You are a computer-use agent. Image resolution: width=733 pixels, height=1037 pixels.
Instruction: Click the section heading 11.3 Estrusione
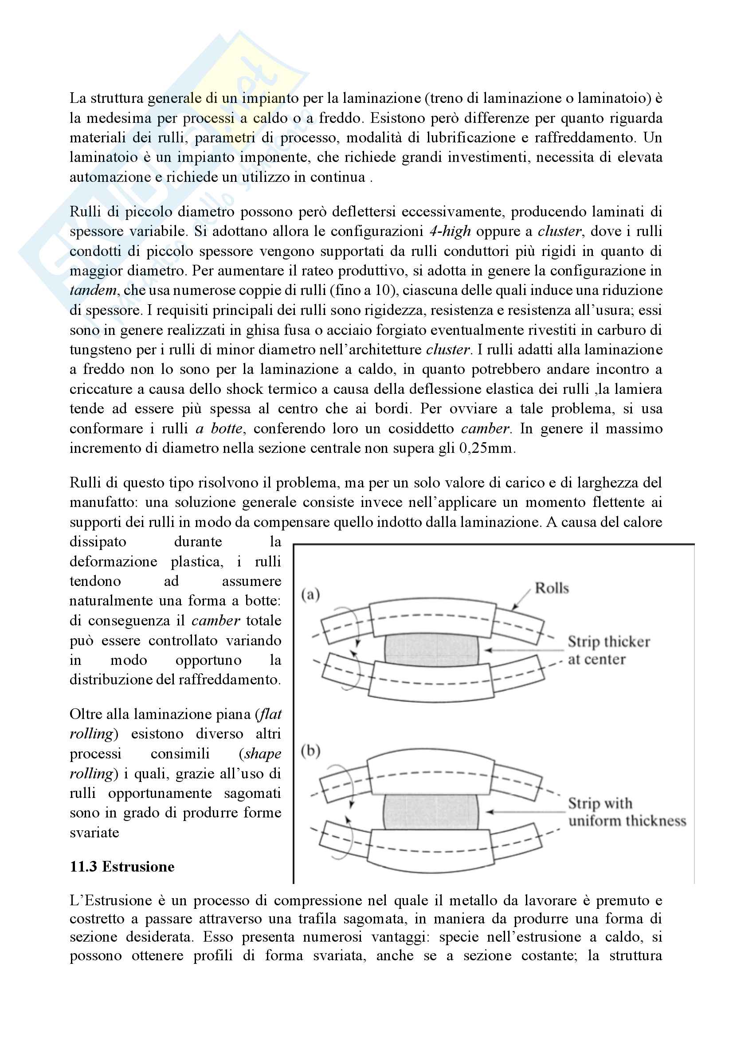click(122, 867)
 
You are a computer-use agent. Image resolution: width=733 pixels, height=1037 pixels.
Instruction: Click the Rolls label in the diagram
click(552, 588)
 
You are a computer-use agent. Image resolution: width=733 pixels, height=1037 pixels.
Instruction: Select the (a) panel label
click(311, 594)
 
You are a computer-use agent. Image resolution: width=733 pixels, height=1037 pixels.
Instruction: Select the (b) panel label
click(311, 751)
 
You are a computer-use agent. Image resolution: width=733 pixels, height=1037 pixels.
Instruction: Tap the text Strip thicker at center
click(608, 650)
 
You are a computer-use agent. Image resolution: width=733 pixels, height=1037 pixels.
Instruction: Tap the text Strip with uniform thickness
click(627, 812)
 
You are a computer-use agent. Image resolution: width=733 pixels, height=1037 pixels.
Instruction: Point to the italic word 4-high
click(450, 231)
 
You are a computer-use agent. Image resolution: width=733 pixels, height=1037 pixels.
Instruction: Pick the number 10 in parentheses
click(383, 291)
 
